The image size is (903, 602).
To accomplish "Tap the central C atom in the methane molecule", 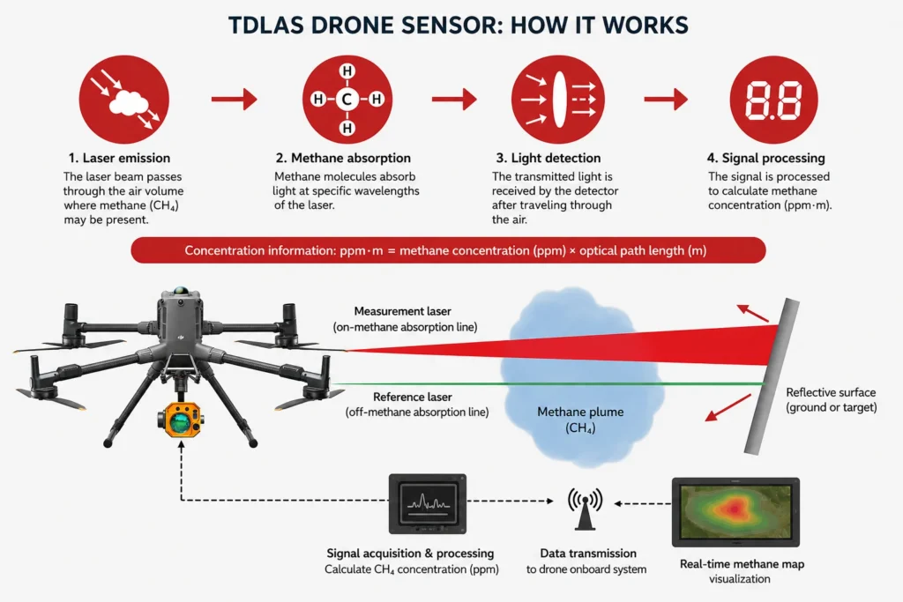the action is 347,99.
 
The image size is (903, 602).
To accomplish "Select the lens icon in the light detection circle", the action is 558,99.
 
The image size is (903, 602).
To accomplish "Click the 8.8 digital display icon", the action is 773,99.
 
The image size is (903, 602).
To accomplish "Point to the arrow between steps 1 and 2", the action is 234,99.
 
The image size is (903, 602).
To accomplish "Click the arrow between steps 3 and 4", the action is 666,99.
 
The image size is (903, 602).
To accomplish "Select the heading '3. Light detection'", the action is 549,158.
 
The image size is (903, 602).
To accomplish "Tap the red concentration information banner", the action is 448,250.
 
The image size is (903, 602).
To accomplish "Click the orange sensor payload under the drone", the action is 181,419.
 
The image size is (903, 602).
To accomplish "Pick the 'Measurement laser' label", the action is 402,311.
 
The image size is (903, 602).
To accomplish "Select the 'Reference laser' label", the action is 413,398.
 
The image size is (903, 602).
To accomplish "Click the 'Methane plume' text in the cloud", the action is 580,412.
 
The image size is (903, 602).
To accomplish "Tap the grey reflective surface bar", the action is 772,376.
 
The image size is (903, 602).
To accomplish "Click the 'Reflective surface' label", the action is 831,392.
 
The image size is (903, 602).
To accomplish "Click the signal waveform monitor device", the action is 428,503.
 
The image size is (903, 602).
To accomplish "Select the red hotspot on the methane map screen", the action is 733,509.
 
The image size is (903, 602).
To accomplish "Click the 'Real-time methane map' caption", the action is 742,564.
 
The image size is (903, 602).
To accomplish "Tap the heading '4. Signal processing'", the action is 766,158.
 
